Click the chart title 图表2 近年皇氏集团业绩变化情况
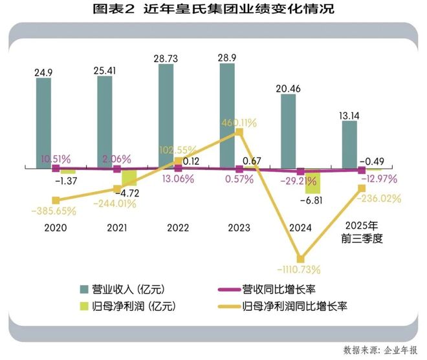[x=213, y=10]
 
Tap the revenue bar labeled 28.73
[x=166, y=116]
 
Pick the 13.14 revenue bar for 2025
[x=349, y=144]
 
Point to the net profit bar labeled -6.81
[x=313, y=182]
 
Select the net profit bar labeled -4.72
[x=129, y=177]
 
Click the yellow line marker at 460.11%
[x=239, y=132]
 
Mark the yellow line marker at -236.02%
[x=361, y=188]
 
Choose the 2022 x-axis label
[x=179, y=228]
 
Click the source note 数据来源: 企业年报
[x=380, y=350]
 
